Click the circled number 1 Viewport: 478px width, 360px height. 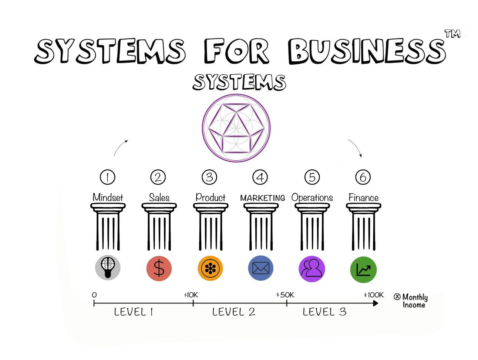coord(108,177)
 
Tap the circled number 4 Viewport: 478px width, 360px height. coord(260,177)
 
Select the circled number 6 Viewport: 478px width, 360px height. coord(363,177)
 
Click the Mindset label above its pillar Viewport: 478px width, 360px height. coord(108,197)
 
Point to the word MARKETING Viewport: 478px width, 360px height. coord(262,198)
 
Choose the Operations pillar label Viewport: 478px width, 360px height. coord(312,198)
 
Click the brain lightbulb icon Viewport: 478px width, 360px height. coord(108,268)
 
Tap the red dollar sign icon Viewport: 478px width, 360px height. coord(159,268)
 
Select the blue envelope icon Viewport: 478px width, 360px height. coord(261,268)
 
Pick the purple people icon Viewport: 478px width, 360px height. coord(312,269)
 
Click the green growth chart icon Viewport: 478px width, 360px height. coord(363,270)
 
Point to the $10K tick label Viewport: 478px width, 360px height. coord(191,295)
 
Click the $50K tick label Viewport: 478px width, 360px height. coord(285,295)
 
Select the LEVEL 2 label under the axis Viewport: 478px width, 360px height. coord(234,312)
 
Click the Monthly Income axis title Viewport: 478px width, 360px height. coord(411,300)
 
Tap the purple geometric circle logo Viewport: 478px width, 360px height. coord(236,128)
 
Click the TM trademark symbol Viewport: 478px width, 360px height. coord(452,34)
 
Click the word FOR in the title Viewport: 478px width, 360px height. coord(236,51)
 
